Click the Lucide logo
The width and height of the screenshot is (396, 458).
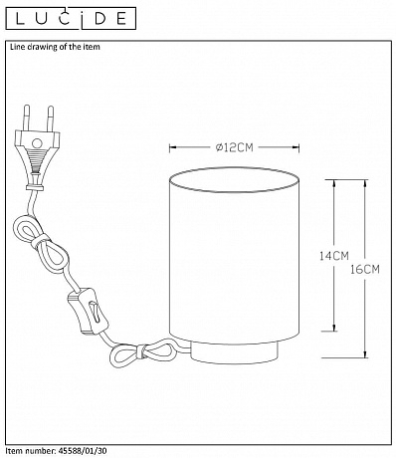click(x=71, y=19)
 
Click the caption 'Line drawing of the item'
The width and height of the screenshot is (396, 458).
click(x=55, y=47)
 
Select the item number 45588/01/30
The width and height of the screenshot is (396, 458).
click(x=81, y=451)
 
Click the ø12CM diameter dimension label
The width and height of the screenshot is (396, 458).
click(x=234, y=147)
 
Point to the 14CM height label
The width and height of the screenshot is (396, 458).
click(x=334, y=256)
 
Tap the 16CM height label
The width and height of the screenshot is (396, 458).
click(x=365, y=269)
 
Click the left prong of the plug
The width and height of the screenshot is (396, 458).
click(x=27, y=117)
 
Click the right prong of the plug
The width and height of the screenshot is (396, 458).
click(x=51, y=118)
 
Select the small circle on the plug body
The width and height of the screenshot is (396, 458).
click(x=37, y=143)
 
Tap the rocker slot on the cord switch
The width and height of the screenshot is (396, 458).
click(x=96, y=312)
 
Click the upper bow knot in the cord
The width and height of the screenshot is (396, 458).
click(x=41, y=240)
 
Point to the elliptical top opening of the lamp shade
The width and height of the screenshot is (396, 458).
click(x=234, y=180)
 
